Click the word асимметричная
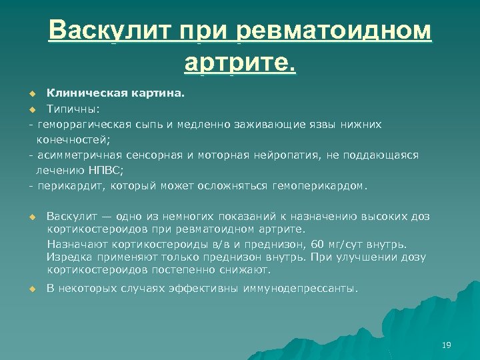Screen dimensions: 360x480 [x=76, y=155]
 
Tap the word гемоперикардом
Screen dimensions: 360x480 [x=319, y=185]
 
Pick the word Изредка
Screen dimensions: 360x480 [x=67, y=257]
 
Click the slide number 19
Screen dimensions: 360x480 [x=447, y=345]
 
